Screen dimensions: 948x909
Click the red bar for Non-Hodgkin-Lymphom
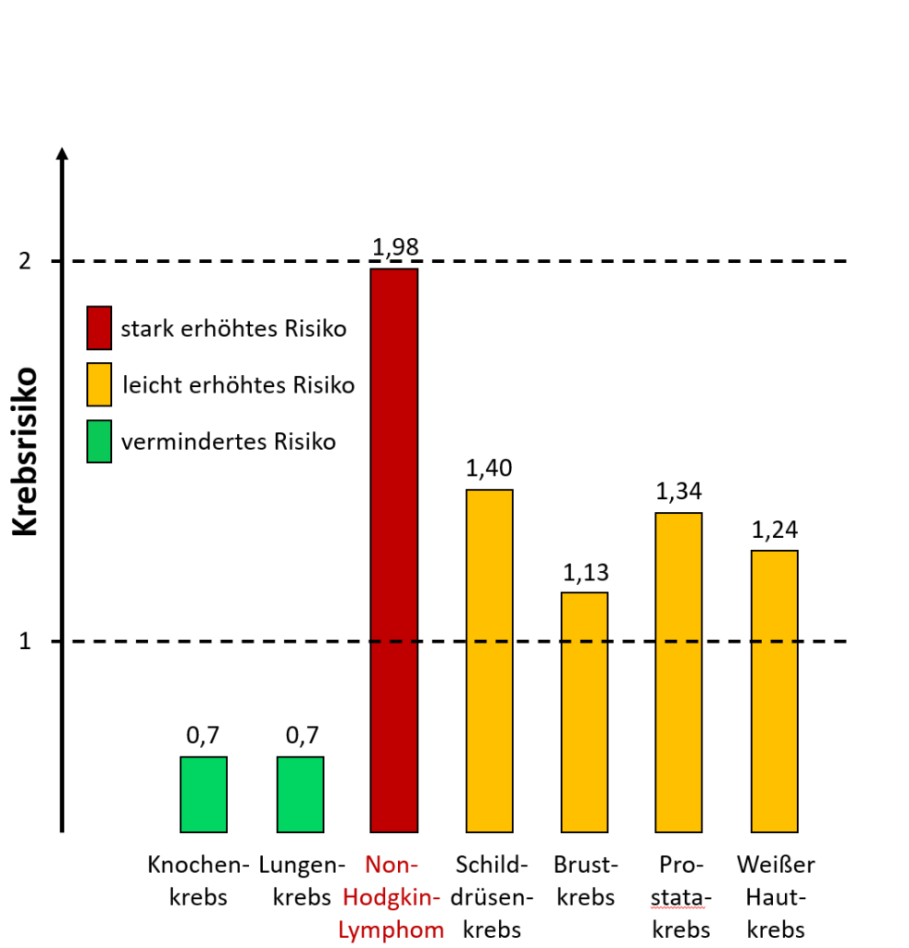393,550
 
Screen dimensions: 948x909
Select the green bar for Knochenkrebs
203,793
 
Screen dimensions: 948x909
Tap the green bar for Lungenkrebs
300,793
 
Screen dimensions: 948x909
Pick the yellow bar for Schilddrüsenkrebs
489,660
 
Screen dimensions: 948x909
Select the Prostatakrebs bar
679,671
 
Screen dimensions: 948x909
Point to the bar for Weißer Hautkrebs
774,691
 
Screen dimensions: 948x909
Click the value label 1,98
395,247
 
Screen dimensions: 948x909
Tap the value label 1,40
489,468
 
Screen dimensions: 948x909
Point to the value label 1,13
585,572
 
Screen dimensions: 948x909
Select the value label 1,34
679,492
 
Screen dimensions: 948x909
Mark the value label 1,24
774,530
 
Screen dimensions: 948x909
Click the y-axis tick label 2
26,261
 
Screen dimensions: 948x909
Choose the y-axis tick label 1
26,641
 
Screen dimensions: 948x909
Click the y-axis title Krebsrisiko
25,452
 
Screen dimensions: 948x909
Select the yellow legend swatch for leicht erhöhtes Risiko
99,384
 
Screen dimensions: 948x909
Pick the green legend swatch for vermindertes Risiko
99,441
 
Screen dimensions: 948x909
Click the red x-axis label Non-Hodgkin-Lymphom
392,896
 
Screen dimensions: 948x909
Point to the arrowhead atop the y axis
62,155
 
